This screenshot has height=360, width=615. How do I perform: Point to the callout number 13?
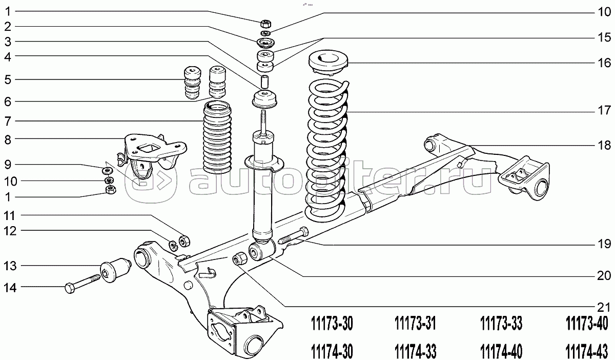[10, 266]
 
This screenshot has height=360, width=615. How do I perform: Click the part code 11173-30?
[332, 324]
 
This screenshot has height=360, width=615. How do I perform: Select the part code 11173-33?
[501, 324]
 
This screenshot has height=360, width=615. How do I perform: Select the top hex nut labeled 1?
[265, 23]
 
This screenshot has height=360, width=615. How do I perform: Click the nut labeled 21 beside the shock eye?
[239, 258]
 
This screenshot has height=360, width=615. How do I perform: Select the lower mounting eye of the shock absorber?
[259, 250]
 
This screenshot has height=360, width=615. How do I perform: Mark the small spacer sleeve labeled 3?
[265, 81]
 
